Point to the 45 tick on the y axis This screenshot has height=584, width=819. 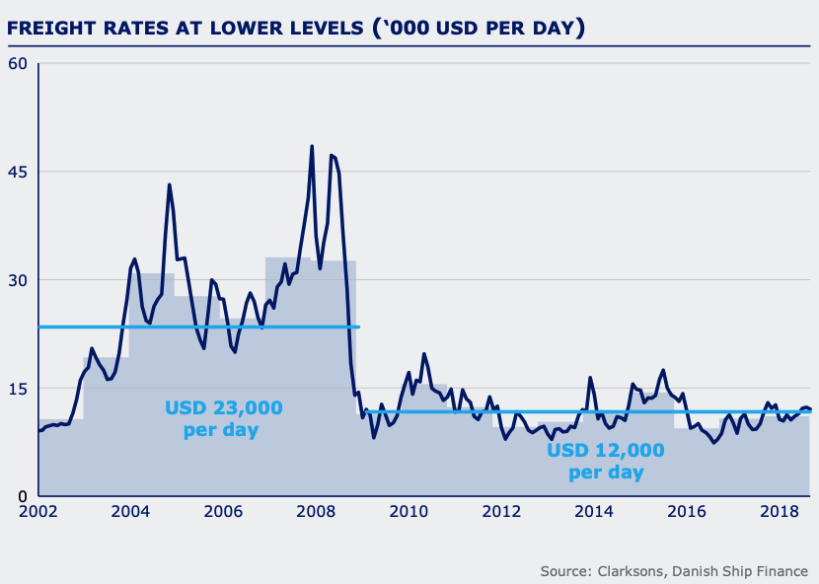point(19,173)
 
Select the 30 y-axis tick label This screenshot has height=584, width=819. point(19,280)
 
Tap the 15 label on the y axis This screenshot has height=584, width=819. point(19,388)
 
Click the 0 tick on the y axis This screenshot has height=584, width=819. point(24,495)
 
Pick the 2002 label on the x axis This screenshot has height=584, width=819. point(38,513)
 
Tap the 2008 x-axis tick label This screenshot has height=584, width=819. point(316,513)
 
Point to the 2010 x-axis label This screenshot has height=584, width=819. point(409,513)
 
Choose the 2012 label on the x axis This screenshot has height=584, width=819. point(501,513)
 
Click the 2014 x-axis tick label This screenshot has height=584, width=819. point(594,513)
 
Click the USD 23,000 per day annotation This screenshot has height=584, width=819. point(224,418)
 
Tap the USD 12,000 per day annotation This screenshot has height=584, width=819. point(606,461)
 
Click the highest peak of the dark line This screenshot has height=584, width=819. point(312,146)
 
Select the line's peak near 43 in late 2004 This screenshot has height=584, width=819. point(169,184)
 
